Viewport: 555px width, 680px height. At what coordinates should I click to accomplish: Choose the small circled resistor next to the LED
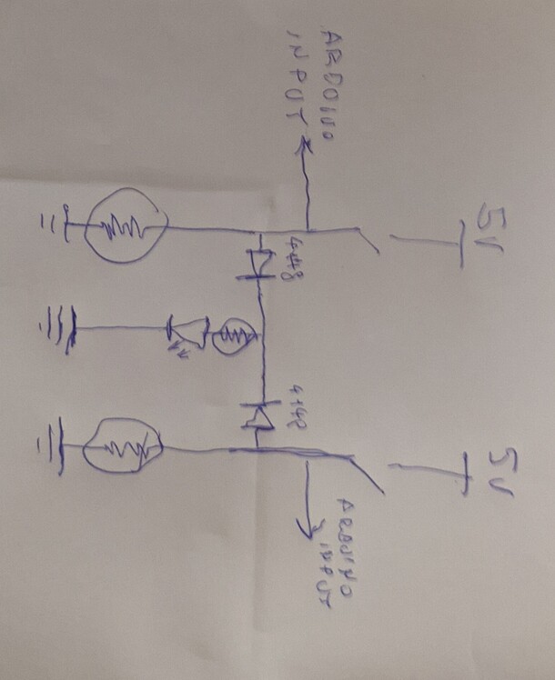coord(234,337)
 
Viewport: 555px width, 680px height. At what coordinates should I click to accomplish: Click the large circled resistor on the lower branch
coord(122,445)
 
